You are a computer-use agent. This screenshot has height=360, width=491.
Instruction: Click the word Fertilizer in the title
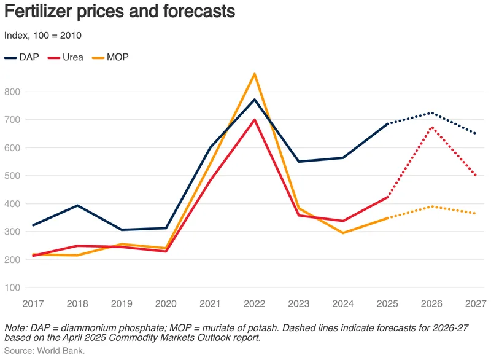tap(38, 11)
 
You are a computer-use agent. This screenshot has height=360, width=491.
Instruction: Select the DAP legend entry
tap(21, 57)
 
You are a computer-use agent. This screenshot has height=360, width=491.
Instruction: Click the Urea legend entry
tap(66, 57)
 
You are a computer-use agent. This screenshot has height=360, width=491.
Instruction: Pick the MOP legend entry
tap(110, 57)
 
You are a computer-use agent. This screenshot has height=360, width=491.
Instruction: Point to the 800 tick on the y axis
tap(12, 92)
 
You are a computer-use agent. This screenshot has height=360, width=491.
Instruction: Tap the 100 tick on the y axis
tap(12, 288)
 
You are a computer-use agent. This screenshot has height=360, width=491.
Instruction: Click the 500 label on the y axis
tap(12, 176)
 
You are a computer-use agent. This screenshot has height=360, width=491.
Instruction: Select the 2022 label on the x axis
tap(255, 303)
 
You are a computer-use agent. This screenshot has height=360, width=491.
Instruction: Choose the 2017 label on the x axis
tap(33, 303)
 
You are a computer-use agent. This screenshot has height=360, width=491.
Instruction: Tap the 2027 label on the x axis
tap(476, 303)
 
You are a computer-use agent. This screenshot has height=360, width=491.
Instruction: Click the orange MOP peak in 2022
tap(255, 74)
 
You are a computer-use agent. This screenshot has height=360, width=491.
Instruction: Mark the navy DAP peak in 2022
tap(255, 100)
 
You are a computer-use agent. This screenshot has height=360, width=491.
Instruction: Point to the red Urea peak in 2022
tap(255, 119)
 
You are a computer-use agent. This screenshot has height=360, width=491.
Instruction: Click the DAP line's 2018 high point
tap(77, 205)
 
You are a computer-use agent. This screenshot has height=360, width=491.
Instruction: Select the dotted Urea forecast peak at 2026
tap(432, 127)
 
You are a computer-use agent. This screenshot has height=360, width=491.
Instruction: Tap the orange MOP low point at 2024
tap(343, 233)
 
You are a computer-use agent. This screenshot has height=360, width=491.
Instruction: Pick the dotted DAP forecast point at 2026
tap(432, 113)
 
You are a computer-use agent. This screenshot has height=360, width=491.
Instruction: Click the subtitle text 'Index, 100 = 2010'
tap(43, 36)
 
